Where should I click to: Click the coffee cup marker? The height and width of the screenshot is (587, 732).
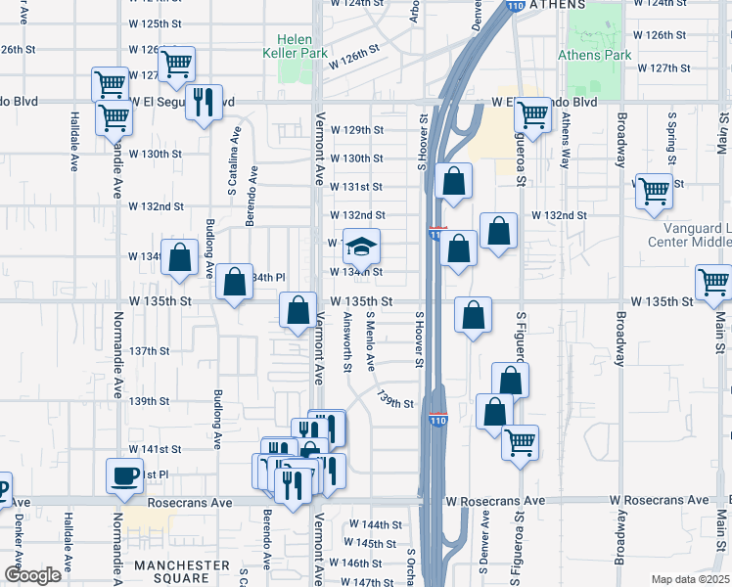(125, 475)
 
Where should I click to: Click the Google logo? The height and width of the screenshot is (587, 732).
(33, 575)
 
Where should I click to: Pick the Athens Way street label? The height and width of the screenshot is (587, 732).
(566, 142)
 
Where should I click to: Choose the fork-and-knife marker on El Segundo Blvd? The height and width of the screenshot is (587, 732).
(204, 102)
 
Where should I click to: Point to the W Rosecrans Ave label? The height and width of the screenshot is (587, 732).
(494, 501)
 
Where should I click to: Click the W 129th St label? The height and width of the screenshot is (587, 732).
(356, 129)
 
